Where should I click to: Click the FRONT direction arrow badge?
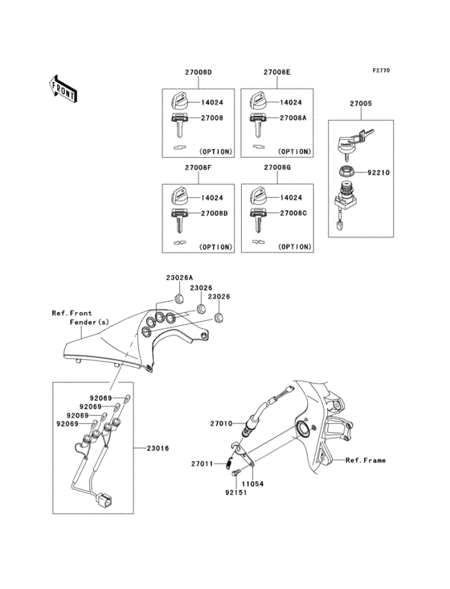pyautogui.click(x=63, y=89)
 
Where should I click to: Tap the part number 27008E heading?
pyautogui.click(x=276, y=73)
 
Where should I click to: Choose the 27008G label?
pyautogui.click(x=276, y=168)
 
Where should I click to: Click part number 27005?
pyautogui.click(x=361, y=104)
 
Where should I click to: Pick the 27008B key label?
pyautogui.click(x=214, y=213)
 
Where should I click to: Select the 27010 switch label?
pyautogui.click(x=221, y=422)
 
